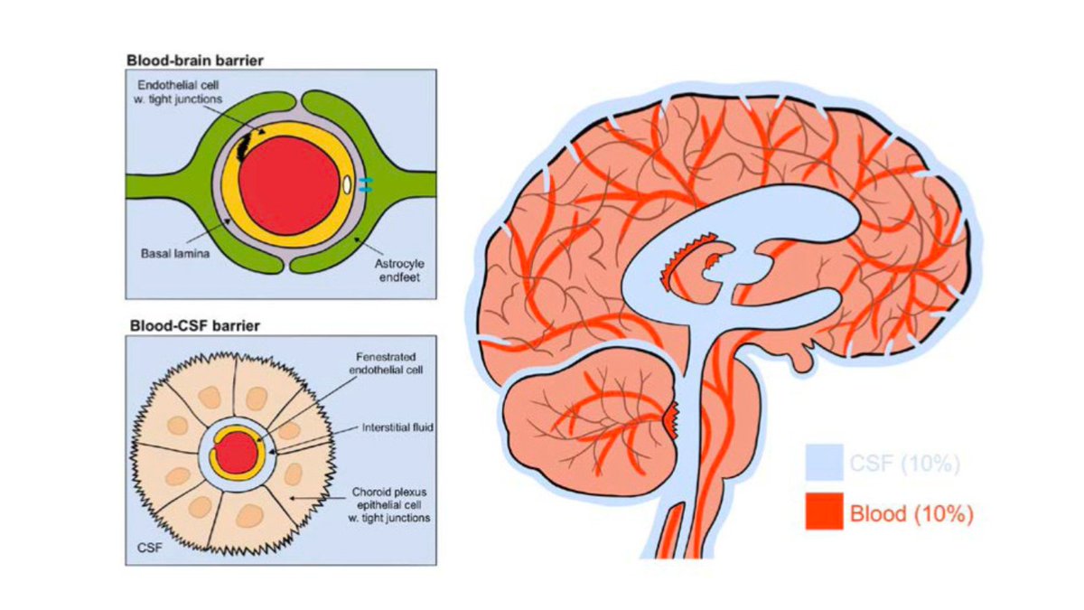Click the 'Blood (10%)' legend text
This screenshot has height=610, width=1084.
[911, 514]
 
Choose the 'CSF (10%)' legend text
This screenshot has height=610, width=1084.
[903, 464]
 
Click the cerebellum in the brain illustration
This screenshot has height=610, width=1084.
[587, 416]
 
